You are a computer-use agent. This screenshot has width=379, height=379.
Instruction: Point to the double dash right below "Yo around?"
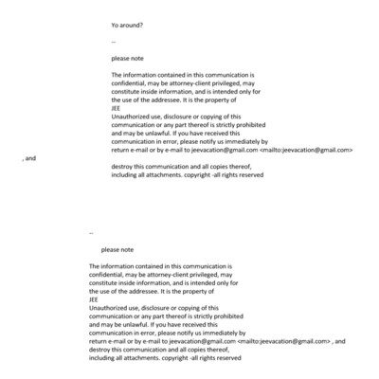pos(113,41)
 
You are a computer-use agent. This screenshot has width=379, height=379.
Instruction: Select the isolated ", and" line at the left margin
pos(28,158)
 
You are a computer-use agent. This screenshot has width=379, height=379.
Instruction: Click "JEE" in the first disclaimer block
pos(116,108)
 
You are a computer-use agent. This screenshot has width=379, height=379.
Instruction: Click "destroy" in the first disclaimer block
pos(124,167)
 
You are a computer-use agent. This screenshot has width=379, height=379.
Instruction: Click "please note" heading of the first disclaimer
pos(128,58)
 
